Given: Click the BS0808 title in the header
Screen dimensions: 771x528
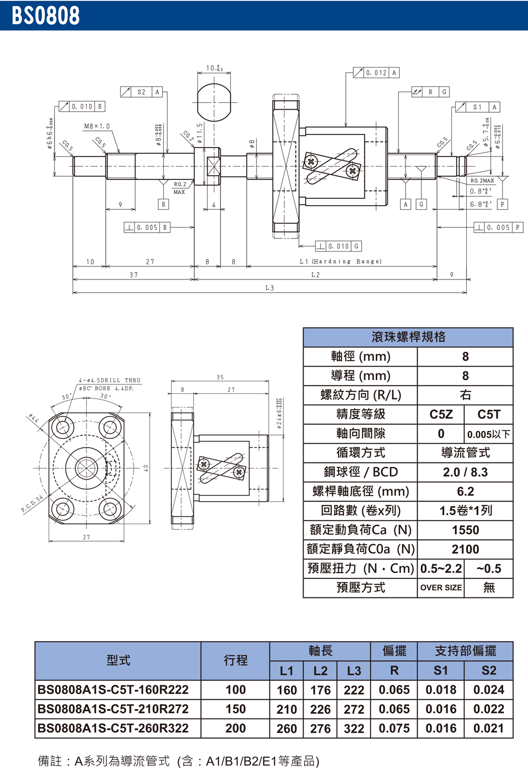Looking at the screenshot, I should [45, 16].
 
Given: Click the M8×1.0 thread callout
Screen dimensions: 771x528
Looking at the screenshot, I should [97, 127].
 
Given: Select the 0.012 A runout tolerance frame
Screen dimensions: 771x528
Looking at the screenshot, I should [376, 73].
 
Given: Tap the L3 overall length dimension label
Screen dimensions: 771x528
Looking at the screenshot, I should [269, 288].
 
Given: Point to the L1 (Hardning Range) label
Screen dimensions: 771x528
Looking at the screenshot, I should [341, 262].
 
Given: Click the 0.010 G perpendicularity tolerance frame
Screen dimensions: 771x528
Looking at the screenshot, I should [338, 246].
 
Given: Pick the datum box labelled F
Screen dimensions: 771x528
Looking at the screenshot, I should [502, 204].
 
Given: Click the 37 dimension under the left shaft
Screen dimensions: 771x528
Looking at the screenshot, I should [134, 275].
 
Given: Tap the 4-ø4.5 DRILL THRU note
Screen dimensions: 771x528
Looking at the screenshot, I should [110, 380].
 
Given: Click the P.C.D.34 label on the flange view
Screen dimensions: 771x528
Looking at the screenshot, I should [32, 504].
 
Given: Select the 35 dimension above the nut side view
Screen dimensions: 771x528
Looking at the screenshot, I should [220, 377].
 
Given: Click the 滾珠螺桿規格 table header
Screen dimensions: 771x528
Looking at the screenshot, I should [408, 337].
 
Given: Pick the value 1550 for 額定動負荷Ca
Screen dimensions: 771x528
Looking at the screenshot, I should [465, 530].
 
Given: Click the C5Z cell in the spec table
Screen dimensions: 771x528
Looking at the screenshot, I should [441, 415].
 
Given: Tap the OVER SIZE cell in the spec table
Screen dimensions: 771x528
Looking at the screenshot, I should [441, 587].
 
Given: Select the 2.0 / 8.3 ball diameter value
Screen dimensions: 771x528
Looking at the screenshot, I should [465, 472].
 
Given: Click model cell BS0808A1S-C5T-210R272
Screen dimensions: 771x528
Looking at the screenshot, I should [113, 709].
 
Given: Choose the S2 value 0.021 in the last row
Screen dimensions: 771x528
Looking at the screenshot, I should [488, 728].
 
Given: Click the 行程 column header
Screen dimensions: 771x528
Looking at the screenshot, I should [235, 660].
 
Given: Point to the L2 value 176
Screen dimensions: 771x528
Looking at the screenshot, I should [320, 690].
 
